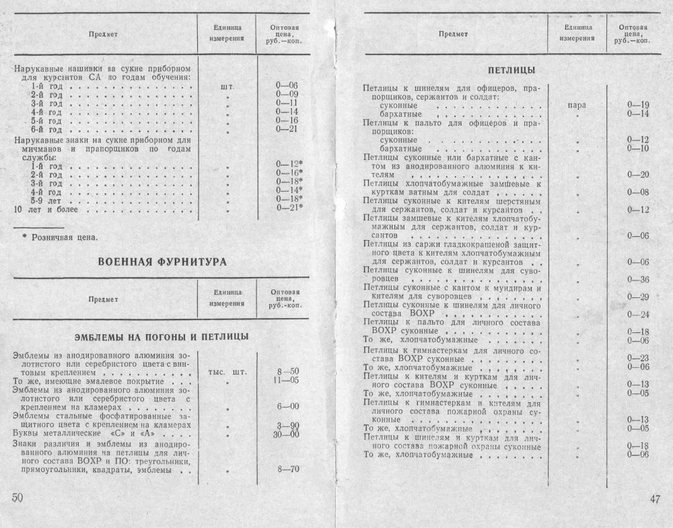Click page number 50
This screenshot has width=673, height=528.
pyautogui.click(x=17, y=498)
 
